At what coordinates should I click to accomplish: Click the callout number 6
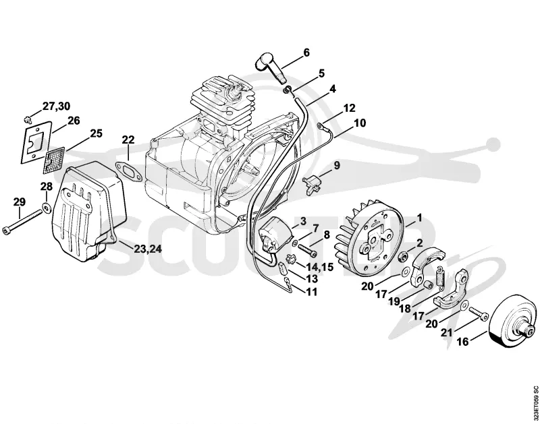306,53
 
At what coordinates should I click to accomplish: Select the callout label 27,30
56,107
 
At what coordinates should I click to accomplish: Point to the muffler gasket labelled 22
128,171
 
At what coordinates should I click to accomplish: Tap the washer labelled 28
46,208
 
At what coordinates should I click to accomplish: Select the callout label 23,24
147,248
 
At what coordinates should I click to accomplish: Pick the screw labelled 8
307,249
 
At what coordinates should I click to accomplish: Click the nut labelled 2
402,255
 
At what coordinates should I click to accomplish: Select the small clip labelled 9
313,181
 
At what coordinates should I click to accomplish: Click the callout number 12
349,108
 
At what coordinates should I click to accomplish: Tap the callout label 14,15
319,266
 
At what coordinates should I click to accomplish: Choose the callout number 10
360,123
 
